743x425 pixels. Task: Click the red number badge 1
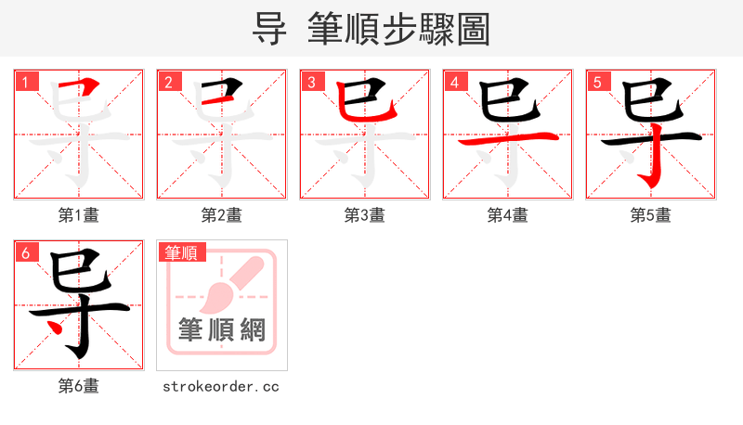coord(25,81)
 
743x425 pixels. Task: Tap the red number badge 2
coord(168,81)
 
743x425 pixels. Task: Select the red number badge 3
coord(311,81)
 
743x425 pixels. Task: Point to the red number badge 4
coord(454,81)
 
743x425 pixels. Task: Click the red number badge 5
coord(597,81)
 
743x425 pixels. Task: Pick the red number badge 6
coord(25,251)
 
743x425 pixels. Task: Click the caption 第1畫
coord(79,215)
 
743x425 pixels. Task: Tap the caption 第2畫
coord(222,215)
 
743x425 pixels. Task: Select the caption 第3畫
coord(365,215)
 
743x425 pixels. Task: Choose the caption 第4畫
coord(508,215)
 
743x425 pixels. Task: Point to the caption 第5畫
coord(651,215)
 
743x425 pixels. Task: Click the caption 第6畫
coord(79,386)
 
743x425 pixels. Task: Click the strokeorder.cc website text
coord(221,386)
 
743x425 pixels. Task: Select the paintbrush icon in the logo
coord(223,288)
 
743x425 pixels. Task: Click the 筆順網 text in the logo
coord(222,330)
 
